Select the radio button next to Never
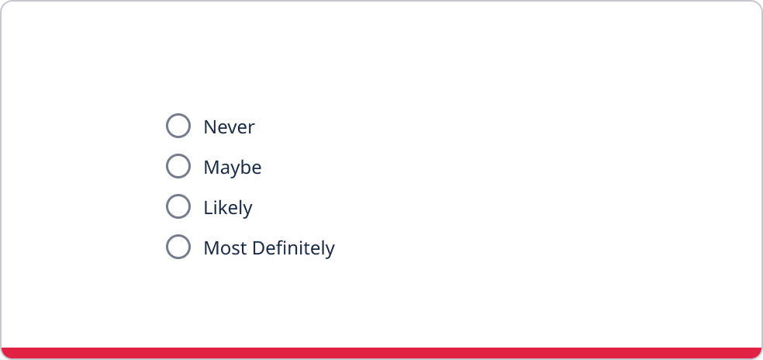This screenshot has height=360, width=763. (x=178, y=126)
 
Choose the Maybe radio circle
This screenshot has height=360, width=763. (x=178, y=166)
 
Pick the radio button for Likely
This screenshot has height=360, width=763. (x=178, y=206)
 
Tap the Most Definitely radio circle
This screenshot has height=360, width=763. (x=178, y=247)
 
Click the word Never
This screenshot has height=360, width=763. (x=229, y=127)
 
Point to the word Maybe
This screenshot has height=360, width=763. (x=233, y=168)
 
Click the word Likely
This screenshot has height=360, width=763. (x=228, y=208)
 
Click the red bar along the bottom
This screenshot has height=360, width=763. (x=381, y=353)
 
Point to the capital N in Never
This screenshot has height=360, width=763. (x=210, y=127)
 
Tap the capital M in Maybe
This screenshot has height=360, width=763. (x=212, y=168)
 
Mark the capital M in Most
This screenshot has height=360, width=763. (x=212, y=248)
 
